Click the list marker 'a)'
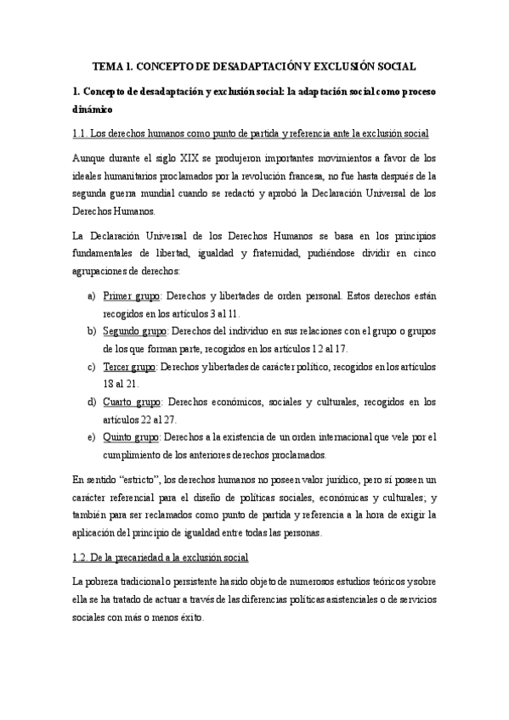click(x=91, y=295)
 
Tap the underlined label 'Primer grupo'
click(x=132, y=295)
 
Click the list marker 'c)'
click(x=91, y=367)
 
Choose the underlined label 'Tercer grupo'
click(x=129, y=367)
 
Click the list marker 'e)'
click(x=91, y=437)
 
